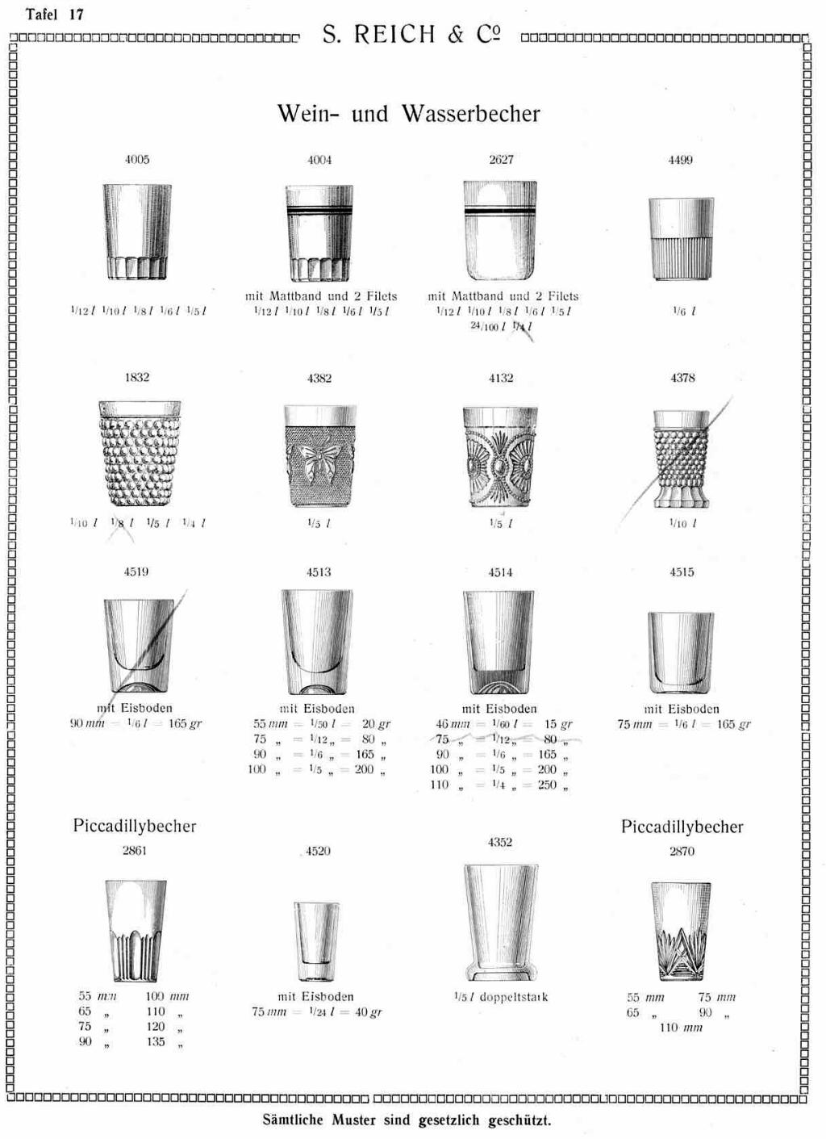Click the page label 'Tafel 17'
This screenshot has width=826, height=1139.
(x=55, y=15)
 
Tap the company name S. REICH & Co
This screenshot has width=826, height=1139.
(x=411, y=35)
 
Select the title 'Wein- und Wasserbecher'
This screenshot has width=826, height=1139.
(x=408, y=114)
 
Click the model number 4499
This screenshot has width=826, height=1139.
(x=680, y=161)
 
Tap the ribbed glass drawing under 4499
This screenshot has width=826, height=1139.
(x=682, y=239)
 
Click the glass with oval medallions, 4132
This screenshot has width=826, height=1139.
(x=500, y=456)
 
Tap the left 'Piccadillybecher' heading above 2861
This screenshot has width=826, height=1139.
(x=135, y=826)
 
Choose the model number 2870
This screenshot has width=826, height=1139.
(x=682, y=851)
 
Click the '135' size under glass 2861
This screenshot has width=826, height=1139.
(x=156, y=1042)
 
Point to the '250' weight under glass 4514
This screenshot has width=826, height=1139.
(x=547, y=785)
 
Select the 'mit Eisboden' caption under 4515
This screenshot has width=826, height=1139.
(x=682, y=709)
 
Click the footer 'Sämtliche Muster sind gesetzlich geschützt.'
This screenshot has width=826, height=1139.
(x=407, y=1120)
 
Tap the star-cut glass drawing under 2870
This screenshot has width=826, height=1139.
(x=681, y=931)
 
